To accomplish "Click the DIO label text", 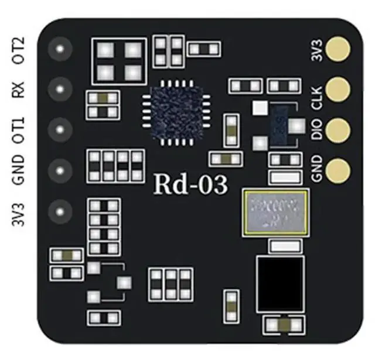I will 316,129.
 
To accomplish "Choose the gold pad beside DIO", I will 338,129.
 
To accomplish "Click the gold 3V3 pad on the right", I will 338,50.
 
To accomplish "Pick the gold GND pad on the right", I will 338,170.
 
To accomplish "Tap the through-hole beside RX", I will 59,90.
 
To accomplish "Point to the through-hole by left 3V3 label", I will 59,210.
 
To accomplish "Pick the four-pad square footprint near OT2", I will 119,61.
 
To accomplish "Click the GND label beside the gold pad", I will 316,170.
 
